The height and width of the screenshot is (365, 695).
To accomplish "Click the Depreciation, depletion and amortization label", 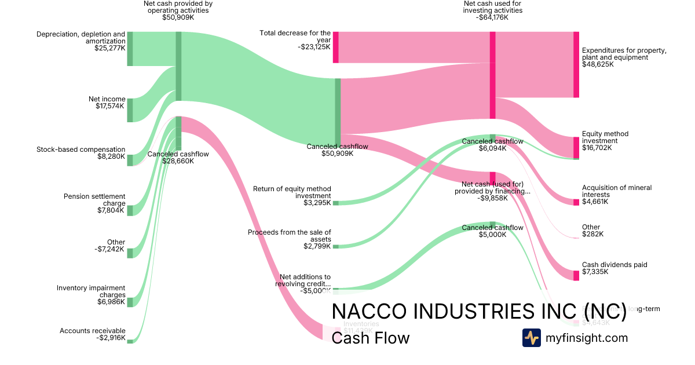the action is (x=81, y=41).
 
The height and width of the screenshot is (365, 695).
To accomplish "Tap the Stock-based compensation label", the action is (x=81, y=153).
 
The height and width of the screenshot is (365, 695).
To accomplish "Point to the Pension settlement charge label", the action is (x=94, y=203).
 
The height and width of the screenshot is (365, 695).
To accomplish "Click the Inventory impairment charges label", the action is (x=91, y=295).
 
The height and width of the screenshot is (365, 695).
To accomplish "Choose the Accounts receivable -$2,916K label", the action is (x=92, y=334).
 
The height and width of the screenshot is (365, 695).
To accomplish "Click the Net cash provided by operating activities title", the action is (x=178, y=10).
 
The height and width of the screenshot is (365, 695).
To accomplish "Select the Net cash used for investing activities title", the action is (x=492, y=10).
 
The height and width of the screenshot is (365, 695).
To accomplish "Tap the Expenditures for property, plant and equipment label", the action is (x=624, y=57).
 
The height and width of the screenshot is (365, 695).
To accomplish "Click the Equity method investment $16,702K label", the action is (x=605, y=141).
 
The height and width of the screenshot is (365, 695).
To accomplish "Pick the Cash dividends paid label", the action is (x=614, y=268).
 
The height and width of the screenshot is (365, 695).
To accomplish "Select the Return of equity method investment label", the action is (x=292, y=196).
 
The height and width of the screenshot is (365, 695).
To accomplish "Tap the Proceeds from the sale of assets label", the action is (x=290, y=239).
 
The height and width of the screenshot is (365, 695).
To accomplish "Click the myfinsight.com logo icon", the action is (x=531, y=338).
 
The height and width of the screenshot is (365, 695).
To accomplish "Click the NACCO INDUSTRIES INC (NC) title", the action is (x=478, y=311).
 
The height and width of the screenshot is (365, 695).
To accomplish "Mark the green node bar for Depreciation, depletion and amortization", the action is (x=130, y=49).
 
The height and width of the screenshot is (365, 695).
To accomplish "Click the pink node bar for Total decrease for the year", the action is (x=335, y=47).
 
